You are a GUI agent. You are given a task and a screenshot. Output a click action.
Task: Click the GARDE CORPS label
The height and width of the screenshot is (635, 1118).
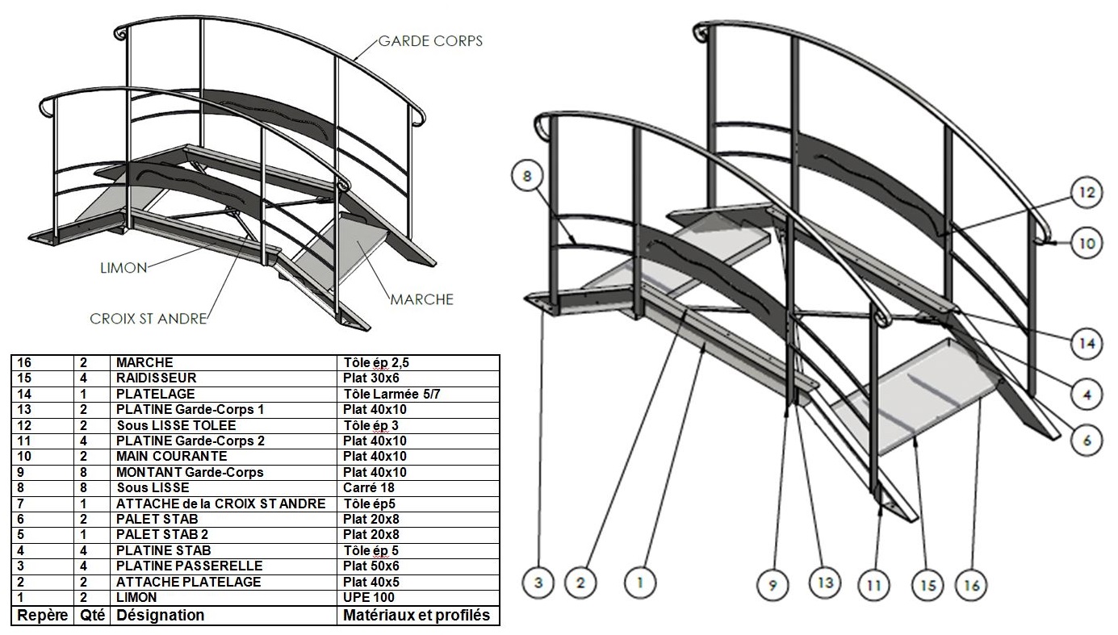433,40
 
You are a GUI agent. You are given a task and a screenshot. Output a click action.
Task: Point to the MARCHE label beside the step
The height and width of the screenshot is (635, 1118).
421,299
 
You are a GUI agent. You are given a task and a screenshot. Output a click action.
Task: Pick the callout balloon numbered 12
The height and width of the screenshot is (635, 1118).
1086,194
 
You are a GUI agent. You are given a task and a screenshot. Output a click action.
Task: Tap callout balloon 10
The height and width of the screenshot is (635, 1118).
1087,242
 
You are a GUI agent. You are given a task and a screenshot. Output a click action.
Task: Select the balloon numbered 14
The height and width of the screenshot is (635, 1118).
1087,344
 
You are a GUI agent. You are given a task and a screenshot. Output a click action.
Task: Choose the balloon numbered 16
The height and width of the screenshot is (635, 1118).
971,584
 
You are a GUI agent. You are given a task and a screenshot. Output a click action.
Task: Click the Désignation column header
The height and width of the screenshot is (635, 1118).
160,616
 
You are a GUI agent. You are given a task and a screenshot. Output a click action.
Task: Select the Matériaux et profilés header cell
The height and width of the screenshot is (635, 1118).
416,616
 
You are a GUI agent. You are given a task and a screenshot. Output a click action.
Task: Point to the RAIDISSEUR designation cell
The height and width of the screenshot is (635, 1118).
157,378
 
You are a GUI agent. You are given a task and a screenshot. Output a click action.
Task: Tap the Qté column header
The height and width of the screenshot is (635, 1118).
92,616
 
